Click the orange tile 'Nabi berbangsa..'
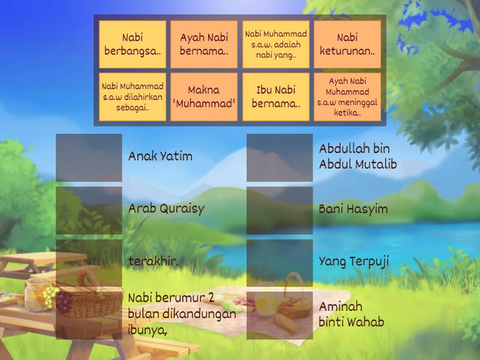pos(133,44)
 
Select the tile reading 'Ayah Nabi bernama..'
pos(204,44)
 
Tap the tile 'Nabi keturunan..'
pos(347,44)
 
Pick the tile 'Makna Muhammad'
pos(204,97)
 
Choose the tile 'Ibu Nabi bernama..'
pos(276,97)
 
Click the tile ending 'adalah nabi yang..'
pos(276,44)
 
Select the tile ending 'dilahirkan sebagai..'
pos(133,97)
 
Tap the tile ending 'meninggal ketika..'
pos(347,97)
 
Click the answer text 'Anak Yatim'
pos(160,157)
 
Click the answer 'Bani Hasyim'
pos(353,209)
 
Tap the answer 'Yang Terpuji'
pos(354,262)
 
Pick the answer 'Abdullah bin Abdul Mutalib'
pos(358,156)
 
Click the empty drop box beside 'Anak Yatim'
pos(89,157)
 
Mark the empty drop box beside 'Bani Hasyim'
pos(280,210)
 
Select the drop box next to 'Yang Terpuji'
pos(280,263)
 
